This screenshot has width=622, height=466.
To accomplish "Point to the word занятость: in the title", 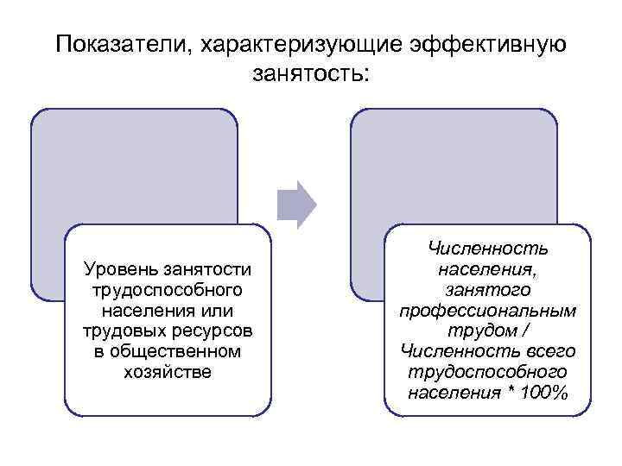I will click(311, 75).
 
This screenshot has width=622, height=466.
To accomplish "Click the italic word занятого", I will click(488, 291).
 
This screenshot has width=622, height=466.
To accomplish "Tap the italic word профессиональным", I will click(488, 311).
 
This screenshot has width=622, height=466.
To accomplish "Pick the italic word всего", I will click(548, 351).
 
